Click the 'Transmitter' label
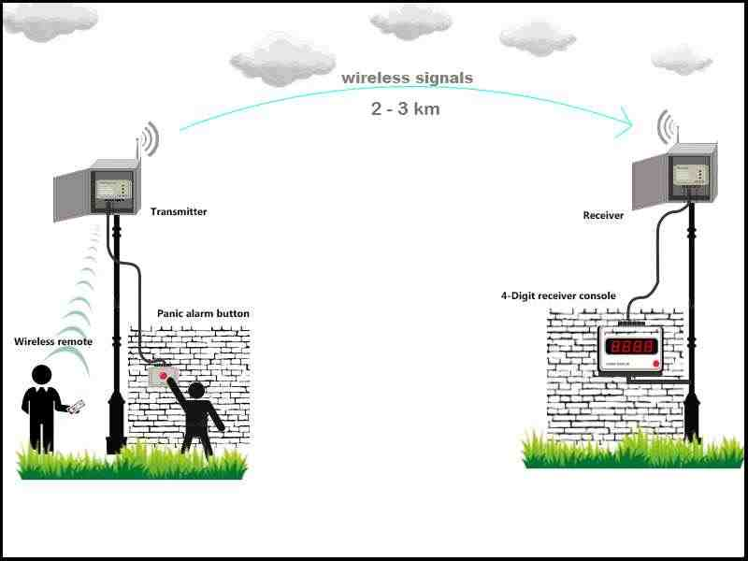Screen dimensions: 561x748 179,212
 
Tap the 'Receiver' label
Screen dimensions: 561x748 603,216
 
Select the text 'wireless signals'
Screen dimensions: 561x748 407,78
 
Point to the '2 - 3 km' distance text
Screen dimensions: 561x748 405,108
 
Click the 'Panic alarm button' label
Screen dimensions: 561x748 203,313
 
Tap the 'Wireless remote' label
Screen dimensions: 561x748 53,342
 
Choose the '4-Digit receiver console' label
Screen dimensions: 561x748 558,296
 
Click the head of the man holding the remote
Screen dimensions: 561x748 41,374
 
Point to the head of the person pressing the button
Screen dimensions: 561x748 196,390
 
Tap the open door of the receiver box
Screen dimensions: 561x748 650,180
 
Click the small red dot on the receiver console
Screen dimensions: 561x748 656,362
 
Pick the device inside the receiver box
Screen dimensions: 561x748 689,174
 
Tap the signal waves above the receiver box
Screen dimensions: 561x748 665,126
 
